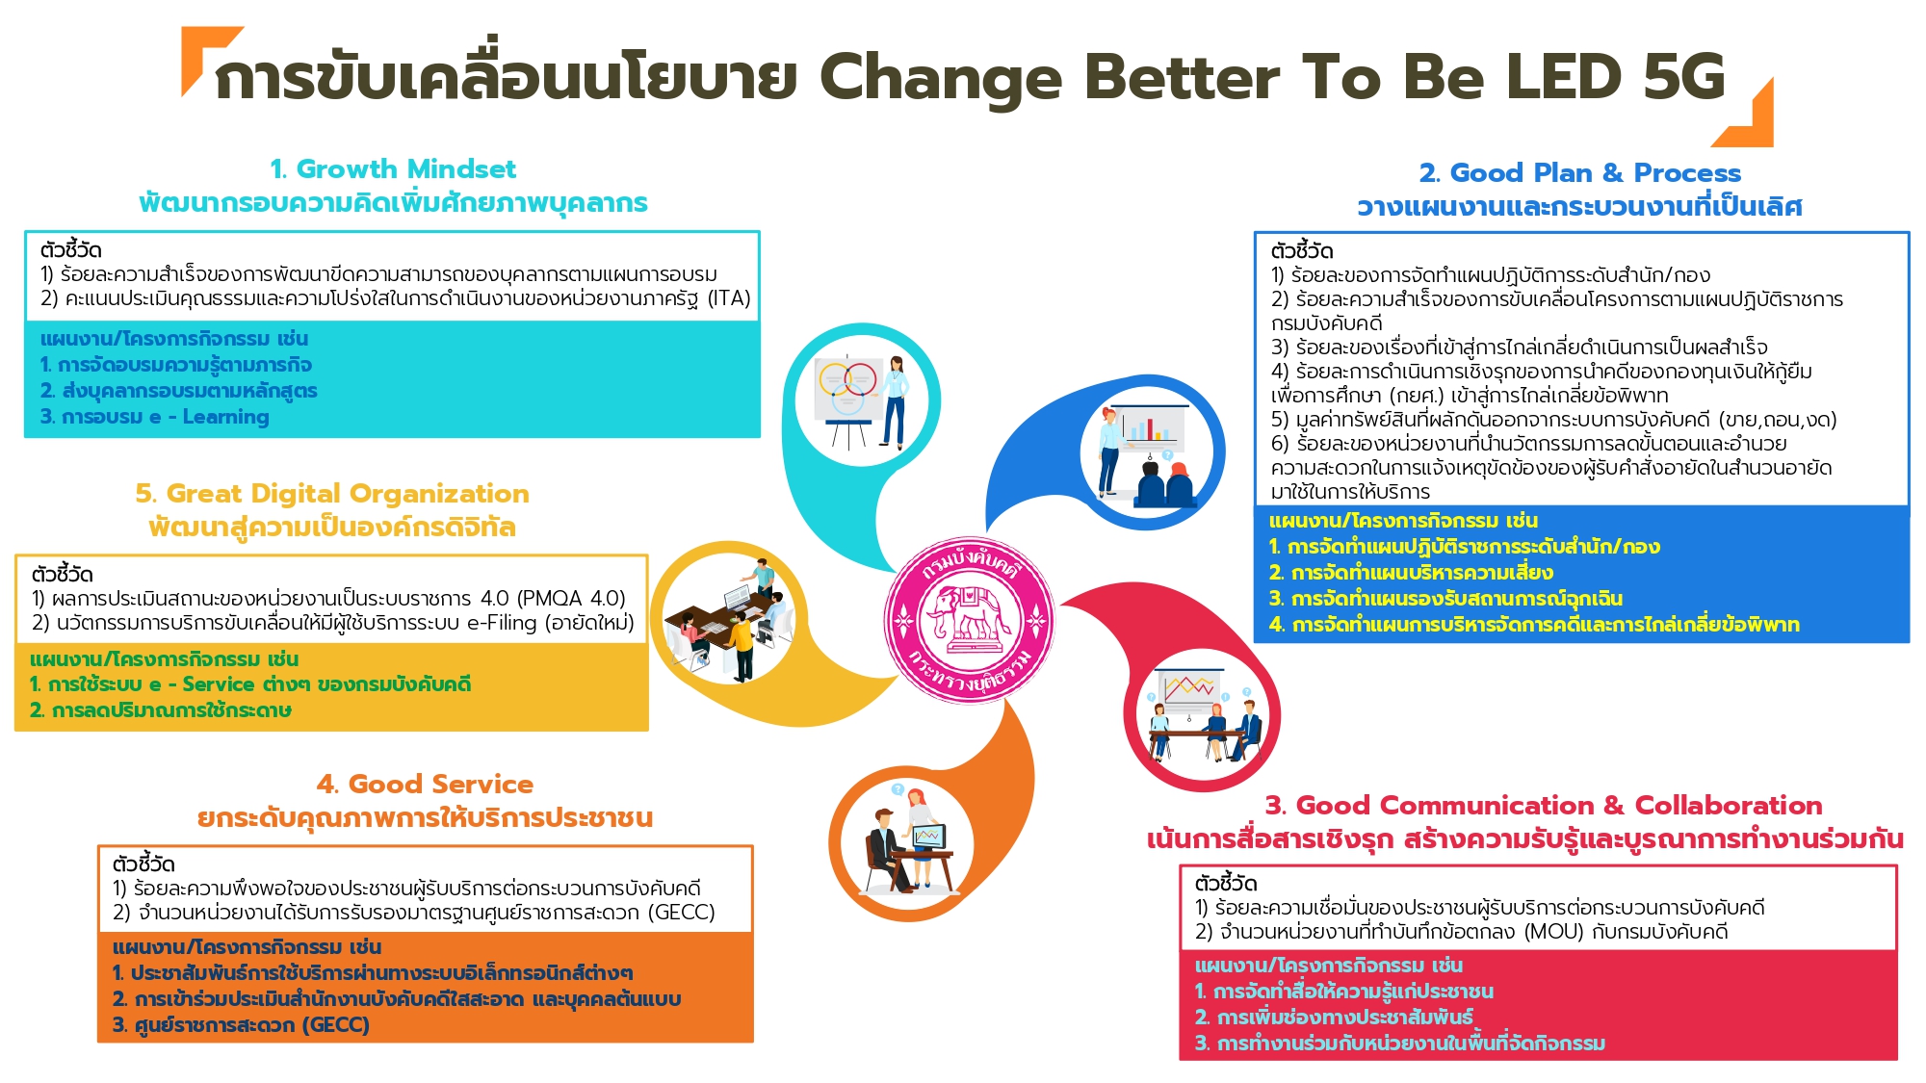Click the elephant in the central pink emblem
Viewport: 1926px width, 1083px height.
[967, 616]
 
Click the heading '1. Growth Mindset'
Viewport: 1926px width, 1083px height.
[393, 169]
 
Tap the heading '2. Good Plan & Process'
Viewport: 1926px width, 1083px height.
[1580, 173]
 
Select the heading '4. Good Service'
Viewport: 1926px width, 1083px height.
[425, 785]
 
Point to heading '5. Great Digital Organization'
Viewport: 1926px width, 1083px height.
[332, 494]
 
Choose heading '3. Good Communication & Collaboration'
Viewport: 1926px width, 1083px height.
[1544, 806]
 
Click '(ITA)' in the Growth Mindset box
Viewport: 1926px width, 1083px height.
[729, 298]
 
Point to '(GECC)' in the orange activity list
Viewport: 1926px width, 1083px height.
[335, 1025]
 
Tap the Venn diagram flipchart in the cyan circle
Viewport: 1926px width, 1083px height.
[847, 391]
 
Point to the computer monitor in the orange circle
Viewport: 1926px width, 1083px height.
[929, 836]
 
